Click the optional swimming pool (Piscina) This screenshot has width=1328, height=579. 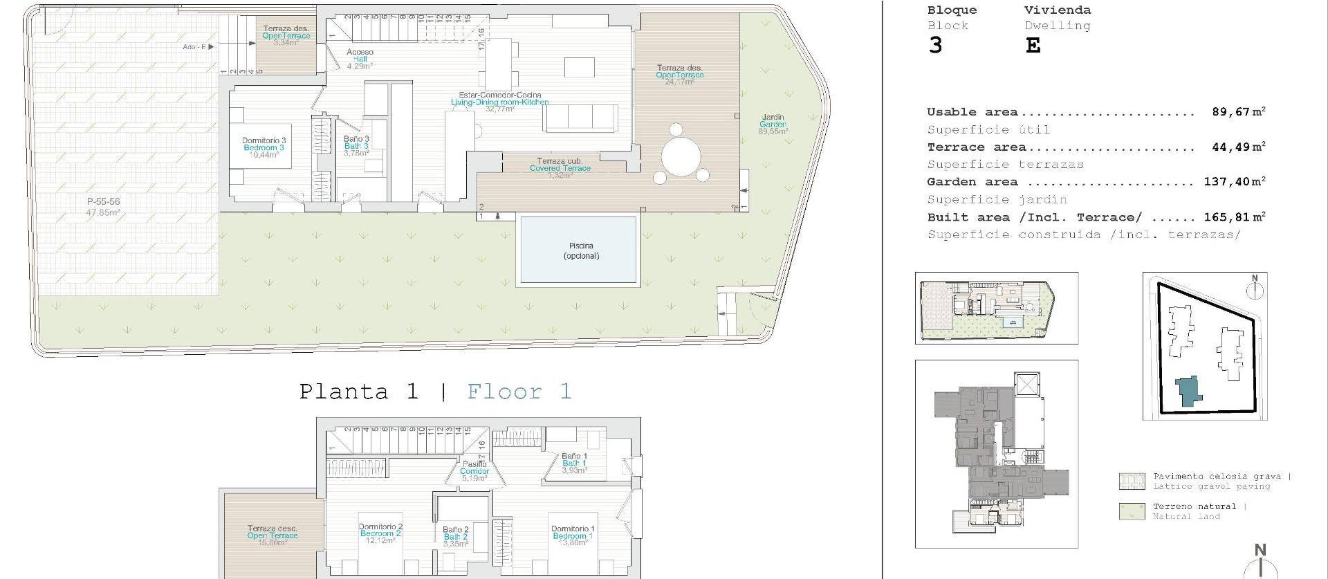click(578, 250)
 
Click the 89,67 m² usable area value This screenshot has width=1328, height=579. click(1238, 111)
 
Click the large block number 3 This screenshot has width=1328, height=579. click(935, 46)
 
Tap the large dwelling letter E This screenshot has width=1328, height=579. click(1033, 46)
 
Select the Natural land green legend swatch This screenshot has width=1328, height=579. click(1132, 511)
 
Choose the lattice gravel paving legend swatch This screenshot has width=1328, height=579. click(1132, 481)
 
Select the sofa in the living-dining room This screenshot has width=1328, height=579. click(581, 118)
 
